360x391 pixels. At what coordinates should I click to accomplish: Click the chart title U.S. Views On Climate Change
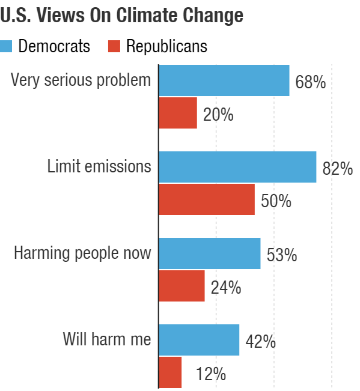click(x=122, y=16)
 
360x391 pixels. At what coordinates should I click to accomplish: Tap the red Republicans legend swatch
click(x=114, y=46)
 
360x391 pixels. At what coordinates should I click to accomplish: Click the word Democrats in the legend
click(x=54, y=46)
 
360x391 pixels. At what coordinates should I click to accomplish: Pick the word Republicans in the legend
click(x=166, y=46)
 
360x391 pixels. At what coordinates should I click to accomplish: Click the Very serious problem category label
click(x=81, y=80)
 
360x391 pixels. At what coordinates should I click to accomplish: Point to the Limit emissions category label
click(x=99, y=166)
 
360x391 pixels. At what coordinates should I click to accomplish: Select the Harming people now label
click(x=83, y=253)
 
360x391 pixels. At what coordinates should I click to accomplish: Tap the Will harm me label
click(x=107, y=339)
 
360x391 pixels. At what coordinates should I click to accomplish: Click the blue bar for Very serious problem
click(x=224, y=80)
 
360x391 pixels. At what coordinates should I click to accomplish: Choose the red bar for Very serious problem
click(x=178, y=113)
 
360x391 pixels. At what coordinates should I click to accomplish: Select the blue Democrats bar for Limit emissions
click(x=237, y=167)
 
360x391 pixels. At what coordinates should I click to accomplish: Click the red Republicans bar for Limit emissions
click(x=207, y=199)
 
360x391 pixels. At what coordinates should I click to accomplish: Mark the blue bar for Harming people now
click(x=209, y=253)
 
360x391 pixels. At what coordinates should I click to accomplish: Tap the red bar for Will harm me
click(x=170, y=372)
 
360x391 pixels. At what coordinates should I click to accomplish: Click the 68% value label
click(x=310, y=82)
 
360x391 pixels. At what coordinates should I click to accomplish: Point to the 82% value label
click(x=337, y=169)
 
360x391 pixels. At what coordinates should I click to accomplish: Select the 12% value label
click(x=210, y=375)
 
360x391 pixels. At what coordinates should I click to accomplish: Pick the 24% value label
click(x=225, y=288)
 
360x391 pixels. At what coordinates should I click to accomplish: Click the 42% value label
click(x=260, y=342)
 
